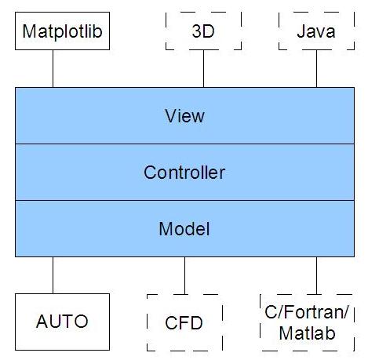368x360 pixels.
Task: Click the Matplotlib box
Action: [x=62, y=31]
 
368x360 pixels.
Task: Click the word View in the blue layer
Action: [x=184, y=116]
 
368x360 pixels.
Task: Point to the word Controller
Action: [x=184, y=173]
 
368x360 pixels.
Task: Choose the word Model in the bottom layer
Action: [x=184, y=229]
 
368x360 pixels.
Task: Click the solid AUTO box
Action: [x=62, y=322]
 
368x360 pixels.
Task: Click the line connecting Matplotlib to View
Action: [x=53, y=68]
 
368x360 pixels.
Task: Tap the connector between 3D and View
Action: [x=203, y=68]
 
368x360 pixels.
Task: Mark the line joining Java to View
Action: [x=316, y=68]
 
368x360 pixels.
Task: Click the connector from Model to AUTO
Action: [x=53, y=275]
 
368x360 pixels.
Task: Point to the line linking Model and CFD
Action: [x=184, y=275]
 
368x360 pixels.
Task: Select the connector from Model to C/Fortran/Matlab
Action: [x=316, y=275]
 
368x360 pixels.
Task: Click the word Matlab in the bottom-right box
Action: [x=307, y=333]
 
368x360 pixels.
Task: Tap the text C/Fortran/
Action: [x=307, y=312]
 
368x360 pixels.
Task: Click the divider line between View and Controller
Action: [x=184, y=144]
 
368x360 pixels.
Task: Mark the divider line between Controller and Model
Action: [x=184, y=200]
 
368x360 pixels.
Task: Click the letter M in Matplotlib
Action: [x=28, y=31]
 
